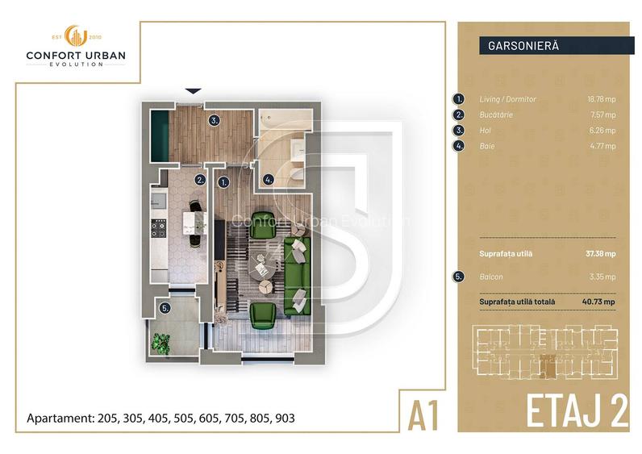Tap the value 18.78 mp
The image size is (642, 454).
600,99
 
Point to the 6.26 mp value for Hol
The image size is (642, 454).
602,131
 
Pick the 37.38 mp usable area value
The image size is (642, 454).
600,252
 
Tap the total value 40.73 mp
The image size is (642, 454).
600,302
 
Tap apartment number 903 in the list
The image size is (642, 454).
284,419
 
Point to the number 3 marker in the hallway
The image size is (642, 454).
213,121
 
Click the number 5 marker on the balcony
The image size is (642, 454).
165,307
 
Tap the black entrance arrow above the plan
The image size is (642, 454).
192,92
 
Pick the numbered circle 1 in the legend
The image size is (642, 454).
459,99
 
